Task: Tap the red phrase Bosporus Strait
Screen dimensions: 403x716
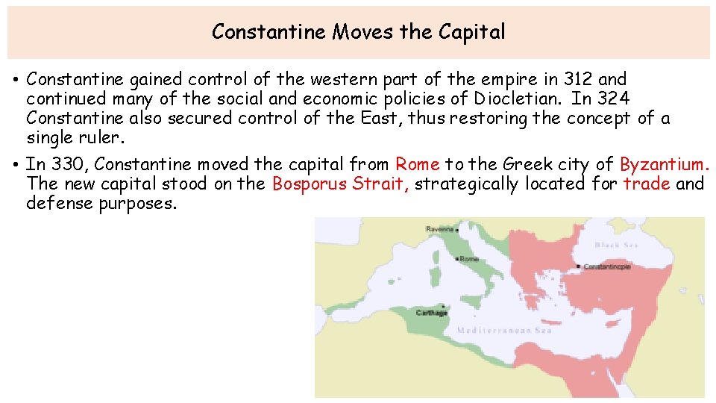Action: coord(341,184)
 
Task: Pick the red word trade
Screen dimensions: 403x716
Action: coord(647,184)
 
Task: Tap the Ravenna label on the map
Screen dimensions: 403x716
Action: coord(441,229)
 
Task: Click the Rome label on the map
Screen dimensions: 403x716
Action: coord(470,259)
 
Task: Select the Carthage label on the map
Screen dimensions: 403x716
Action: coord(431,313)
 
